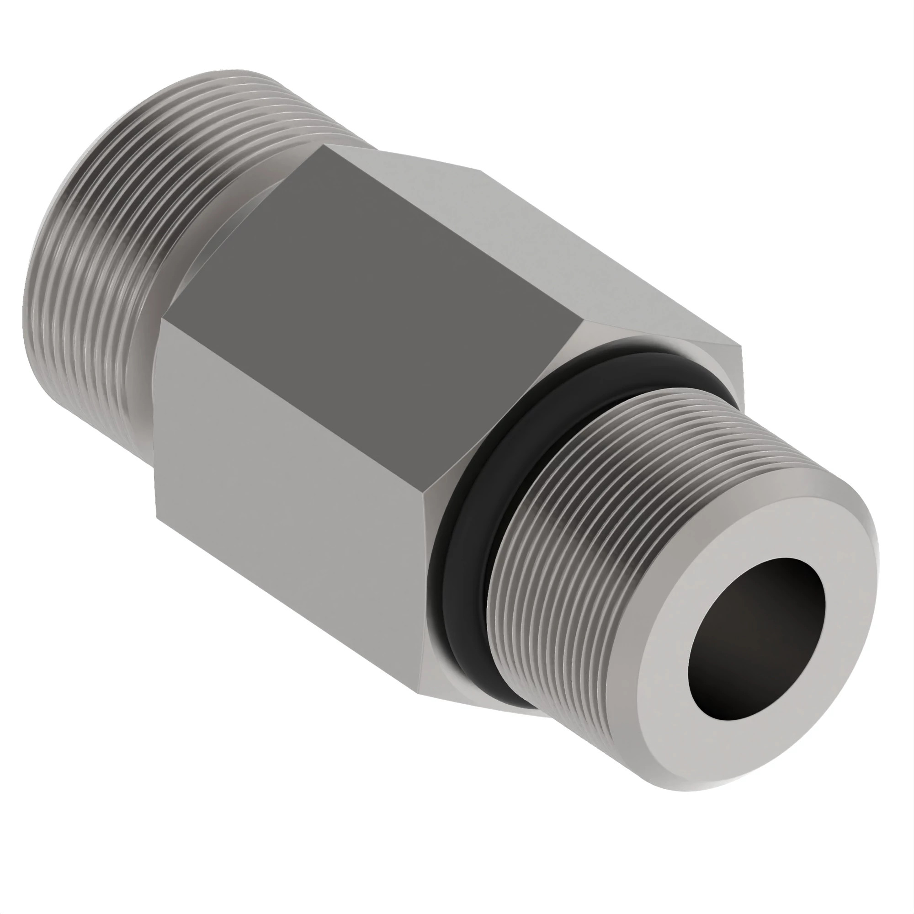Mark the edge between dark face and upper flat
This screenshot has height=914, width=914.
(x=454, y=232)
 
